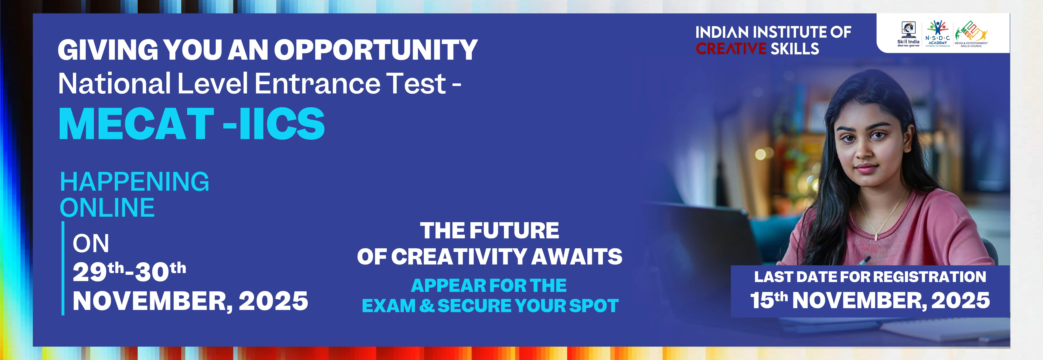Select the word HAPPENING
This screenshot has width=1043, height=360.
[134, 182]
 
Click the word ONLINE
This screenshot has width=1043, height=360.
[107, 208]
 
